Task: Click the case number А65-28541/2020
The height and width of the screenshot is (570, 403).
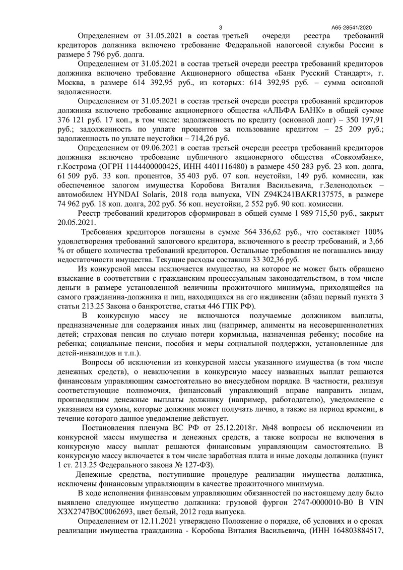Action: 351,27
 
